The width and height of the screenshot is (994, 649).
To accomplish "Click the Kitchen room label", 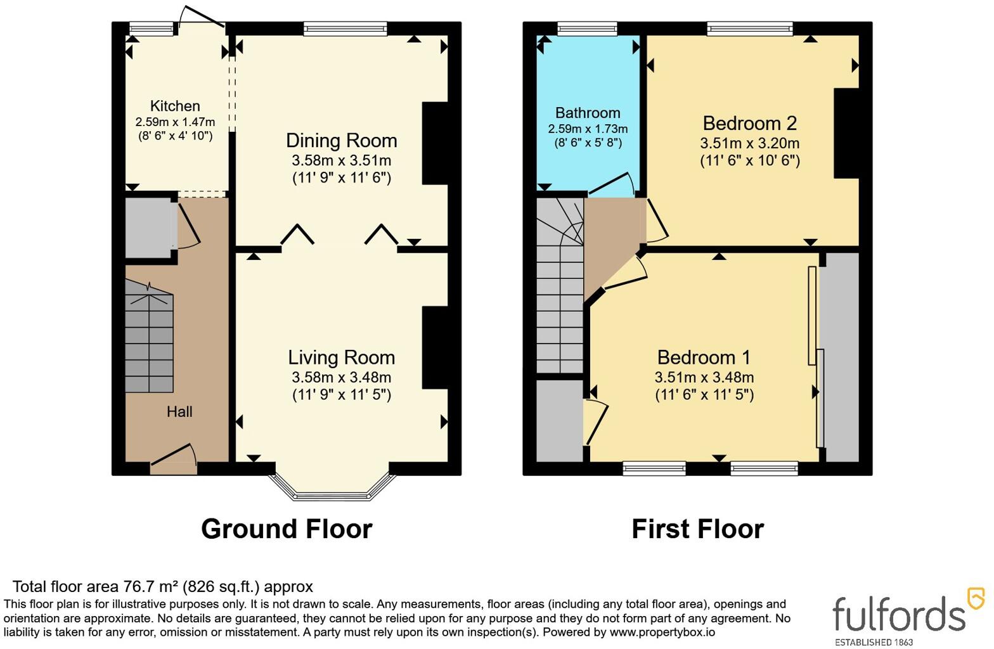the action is coord(175,106).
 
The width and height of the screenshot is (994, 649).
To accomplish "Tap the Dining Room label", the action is coord(341,141).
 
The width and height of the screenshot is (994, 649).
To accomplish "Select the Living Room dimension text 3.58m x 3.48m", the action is coord(341,378).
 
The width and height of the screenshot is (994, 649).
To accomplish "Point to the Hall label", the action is coord(179,412).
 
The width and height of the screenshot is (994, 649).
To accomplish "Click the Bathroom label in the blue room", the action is coord(588,113).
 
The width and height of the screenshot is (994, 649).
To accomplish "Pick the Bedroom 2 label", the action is coord(750,124).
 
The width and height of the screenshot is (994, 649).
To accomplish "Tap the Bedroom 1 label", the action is coord(704,357).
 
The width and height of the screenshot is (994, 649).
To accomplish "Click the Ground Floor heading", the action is coord(287,529).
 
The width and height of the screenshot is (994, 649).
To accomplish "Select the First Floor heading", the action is coord(697,529).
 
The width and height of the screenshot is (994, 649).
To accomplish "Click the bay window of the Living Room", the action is coord(332,492).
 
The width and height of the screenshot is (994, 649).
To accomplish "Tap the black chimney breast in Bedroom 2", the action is coord(846,133).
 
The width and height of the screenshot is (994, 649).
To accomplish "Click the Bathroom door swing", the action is coord(612,184).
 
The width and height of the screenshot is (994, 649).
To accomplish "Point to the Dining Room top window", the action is coord(345,29).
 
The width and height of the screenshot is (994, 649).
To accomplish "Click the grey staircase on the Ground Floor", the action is coord(149,337).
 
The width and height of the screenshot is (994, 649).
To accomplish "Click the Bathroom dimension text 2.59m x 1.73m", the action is coord(588,129).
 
